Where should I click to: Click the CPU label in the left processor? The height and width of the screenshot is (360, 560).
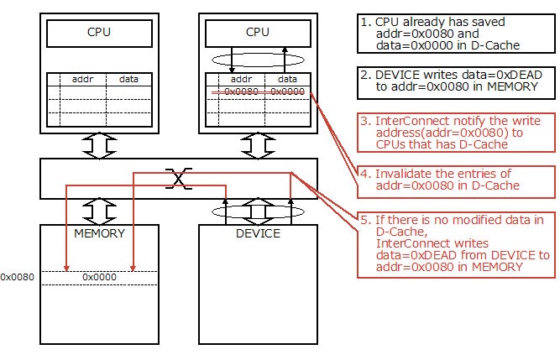point(98,34)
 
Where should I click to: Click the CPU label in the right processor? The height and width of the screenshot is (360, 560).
point(259,34)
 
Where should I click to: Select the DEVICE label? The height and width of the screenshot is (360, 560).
point(259,232)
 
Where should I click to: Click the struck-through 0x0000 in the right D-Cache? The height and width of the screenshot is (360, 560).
point(287,91)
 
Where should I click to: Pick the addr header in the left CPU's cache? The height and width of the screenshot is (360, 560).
point(82,78)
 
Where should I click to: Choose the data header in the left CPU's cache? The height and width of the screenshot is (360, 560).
point(128,78)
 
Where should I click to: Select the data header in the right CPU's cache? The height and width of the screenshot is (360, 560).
point(288,78)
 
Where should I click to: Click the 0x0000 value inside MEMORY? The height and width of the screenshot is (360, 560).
point(98,276)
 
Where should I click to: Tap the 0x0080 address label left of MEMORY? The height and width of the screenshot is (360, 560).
point(17,276)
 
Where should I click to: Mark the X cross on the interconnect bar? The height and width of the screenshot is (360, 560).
point(177,177)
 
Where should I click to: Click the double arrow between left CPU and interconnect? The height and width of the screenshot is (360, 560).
point(98,145)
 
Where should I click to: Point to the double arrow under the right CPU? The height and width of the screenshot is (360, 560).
point(259,145)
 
